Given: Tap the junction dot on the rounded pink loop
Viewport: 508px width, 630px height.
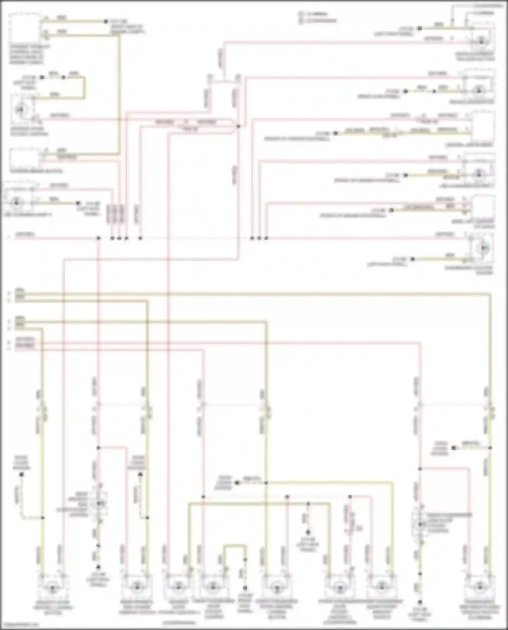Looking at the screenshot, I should tap(238, 126).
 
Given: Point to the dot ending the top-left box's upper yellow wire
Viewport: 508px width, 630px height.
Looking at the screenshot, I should tap(106, 21).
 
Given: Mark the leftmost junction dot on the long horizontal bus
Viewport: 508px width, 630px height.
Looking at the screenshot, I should tap(99, 238).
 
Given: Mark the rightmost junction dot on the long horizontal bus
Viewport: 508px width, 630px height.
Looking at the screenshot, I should tap(266, 238).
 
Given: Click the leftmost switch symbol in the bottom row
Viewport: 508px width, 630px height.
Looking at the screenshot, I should tap(52, 589).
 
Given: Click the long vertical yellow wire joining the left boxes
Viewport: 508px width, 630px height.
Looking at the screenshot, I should tap(119, 95).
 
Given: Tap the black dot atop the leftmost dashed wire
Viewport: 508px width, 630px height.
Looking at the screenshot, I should tap(22, 475).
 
